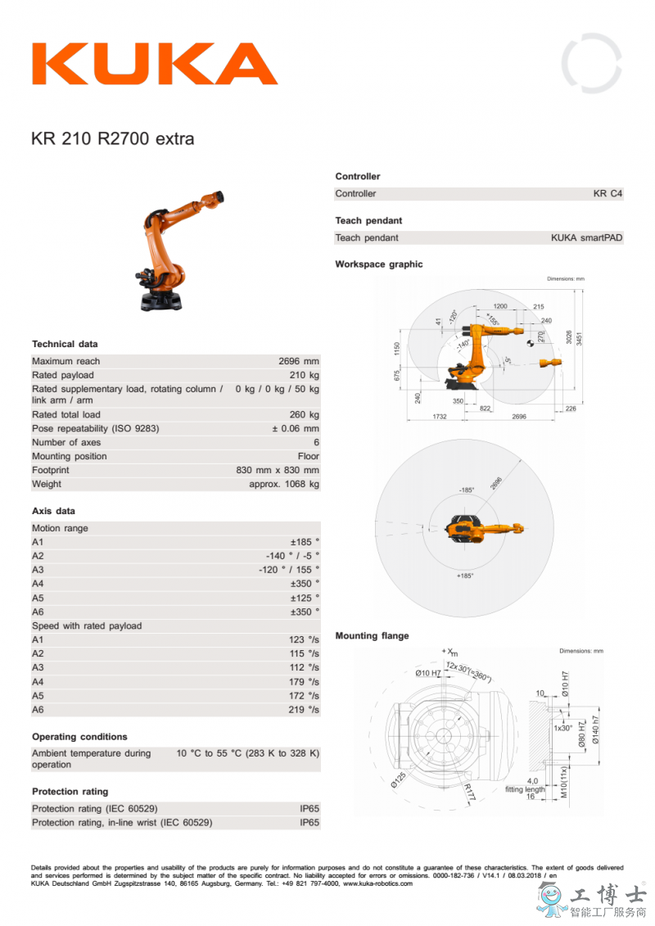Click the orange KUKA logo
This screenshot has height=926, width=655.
point(155,64)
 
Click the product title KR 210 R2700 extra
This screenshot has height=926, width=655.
point(113,139)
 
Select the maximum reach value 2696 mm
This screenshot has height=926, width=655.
point(299,361)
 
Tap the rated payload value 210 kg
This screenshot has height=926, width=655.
point(304,375)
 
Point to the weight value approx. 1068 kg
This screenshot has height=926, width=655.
point(284,484)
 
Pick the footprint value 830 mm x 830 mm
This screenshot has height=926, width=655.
point(278,470)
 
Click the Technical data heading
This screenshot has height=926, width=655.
point(65,344)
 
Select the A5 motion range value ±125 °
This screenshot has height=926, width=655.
point(304,598)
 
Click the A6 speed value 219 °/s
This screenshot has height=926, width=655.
point(304,710)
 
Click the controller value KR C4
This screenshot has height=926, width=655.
point(608,194)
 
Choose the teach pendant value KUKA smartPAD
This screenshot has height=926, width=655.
point(586,238)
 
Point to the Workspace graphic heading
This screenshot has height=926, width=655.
point(379,264)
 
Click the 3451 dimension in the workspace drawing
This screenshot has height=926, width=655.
point(579,337)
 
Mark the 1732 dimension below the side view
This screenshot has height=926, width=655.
point(439,417)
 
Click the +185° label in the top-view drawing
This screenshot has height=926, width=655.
point(465,576)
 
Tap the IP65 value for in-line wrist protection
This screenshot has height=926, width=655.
point(309,823)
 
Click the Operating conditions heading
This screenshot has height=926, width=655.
point(80,737)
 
